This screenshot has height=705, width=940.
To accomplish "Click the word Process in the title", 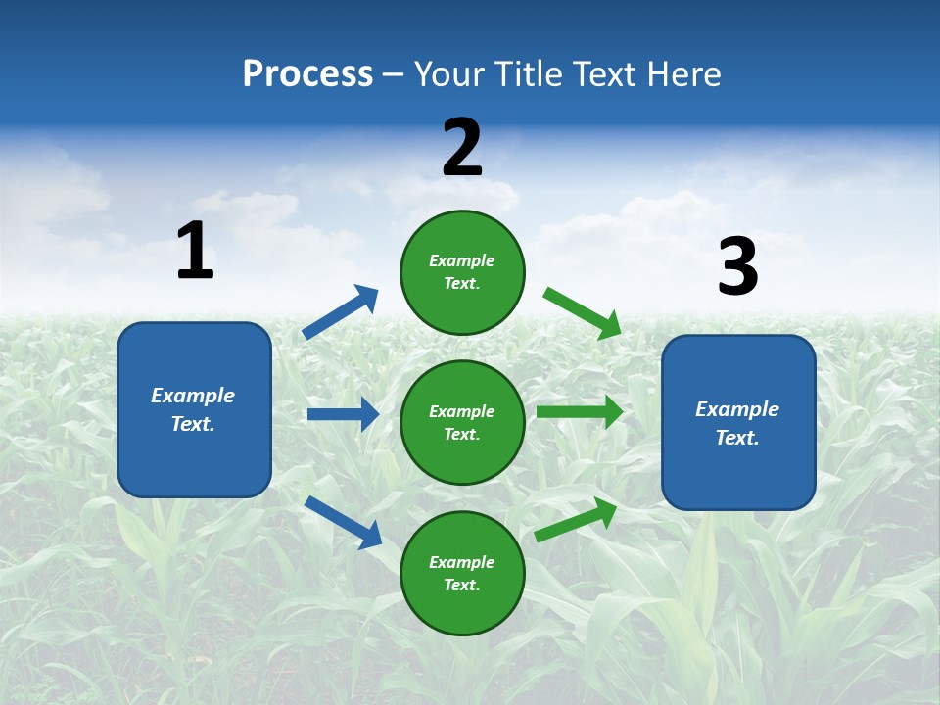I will point(307,74).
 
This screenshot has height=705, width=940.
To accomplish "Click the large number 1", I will point(195,251).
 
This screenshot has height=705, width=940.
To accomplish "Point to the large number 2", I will point(462,148).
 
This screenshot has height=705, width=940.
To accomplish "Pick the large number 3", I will point(737,267).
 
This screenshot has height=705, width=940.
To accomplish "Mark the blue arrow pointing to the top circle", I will point(341,312).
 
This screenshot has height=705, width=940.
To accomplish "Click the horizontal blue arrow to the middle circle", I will point(343,414).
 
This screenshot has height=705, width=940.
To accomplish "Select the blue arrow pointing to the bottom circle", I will point(344,521).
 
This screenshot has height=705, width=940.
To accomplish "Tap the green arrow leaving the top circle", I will point(583,312).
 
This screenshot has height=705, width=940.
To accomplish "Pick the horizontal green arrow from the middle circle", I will point(580,411).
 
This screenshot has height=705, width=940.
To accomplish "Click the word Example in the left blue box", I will point(193,396).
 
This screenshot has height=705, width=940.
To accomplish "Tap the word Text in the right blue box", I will point(736,438).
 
